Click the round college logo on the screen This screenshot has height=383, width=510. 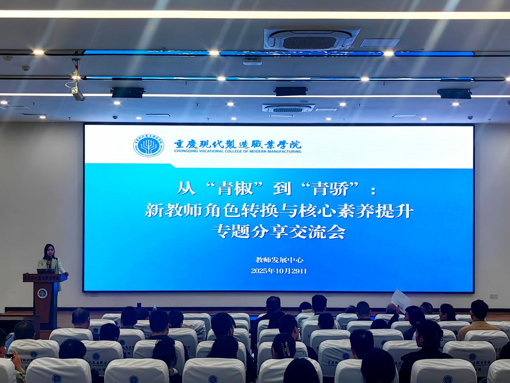(x=148, y=145)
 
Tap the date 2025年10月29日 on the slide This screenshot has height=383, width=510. (x=279, y=271)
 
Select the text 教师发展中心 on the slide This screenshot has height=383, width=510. (x=279, y=260)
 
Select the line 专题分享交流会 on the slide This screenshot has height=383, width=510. (x=279, y=232)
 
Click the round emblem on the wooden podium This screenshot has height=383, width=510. (x=42, y=293)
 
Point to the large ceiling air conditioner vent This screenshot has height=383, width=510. (x=312, y=40)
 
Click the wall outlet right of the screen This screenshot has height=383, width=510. (x=493, y=296)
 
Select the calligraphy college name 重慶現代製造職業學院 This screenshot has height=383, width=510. (x=237, y=144)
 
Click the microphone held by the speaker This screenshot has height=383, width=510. (x=49, y=261)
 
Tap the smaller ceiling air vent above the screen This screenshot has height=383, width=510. (x=288, y=108)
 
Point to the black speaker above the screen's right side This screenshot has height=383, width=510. (x=454, y=94)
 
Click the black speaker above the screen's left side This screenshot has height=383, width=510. (x=127, y=93)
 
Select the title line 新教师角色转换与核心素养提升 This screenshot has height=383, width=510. (x=279, y=211)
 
